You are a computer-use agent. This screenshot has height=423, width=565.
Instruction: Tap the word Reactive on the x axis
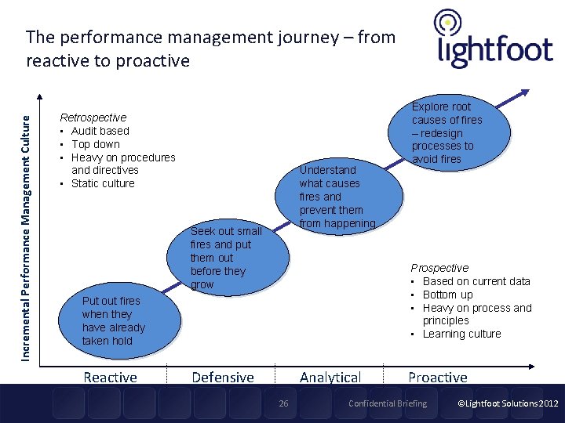coord(110,378)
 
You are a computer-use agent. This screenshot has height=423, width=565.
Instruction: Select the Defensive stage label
coord(223,378)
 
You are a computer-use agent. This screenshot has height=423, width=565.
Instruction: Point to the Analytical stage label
coord(330,378)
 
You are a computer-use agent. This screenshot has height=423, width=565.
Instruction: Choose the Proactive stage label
coord(437,378)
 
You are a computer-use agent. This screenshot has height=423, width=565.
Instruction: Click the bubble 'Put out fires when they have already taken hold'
coord(115,321)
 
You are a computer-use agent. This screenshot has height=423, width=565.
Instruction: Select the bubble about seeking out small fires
coord(227,258)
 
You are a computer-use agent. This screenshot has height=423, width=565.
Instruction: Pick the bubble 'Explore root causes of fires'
coord(447,132)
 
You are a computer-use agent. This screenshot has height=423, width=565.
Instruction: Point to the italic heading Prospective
coord(439,268)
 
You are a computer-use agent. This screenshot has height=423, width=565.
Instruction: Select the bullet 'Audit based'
coord(100,131)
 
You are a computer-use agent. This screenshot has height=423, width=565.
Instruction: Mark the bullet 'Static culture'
coord(103,183)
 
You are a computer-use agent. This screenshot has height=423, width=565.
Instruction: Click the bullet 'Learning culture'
coord(461,334)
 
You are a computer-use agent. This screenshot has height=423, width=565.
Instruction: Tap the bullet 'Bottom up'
coord(447,295)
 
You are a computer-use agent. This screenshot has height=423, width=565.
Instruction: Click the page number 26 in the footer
coord(284,403)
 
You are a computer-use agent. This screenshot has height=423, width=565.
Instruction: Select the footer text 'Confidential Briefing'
coord(388,403)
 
